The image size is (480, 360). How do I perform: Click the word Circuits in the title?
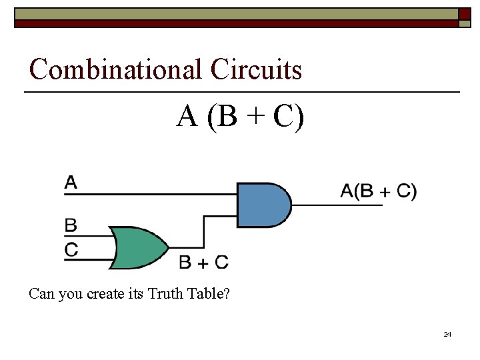pyautogui.click(x=256, y=69)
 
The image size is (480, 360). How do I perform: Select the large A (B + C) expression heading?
pyautogui.click(x=241, y=117)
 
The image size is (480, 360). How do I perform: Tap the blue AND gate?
pyautogui.click(x=263, y=205)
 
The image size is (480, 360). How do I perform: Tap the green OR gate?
pyautogui.click(x=139, y=247)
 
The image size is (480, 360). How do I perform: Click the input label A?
pyautogui.click(x=71, y=182)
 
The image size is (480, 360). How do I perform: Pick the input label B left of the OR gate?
pyautogui.click(x=71, y=225)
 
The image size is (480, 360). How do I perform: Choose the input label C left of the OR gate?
pyautogui.click(x=71, y=250)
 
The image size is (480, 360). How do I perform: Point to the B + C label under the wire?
pyautogui.click(x=203, y=263)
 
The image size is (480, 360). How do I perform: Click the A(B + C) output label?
pyautogui.click(x=378, y=191)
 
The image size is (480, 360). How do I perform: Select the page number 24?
pyautogui.click(x=447, y=334)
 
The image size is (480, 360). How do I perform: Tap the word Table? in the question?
pyautogui.click(x=207, y=293)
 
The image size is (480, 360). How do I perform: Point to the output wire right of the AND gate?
pyautogui.click(x=337, y=205)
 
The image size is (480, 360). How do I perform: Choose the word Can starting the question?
pyautogui.click(x=41, y=293)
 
